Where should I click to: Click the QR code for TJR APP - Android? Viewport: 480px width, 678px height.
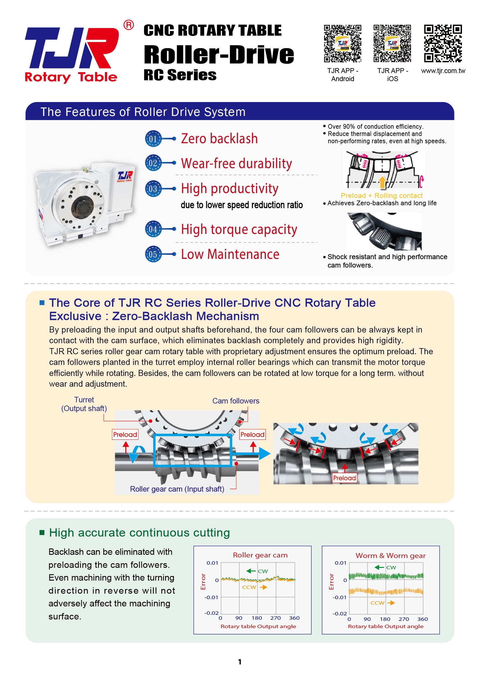coord(342,43)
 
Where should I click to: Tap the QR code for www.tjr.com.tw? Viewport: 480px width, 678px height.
coord(443,43)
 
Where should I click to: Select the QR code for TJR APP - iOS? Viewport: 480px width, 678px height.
coord(392,43)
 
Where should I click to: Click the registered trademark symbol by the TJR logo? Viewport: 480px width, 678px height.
coord(129,25)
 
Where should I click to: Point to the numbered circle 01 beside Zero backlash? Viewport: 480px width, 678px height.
coord(153,139)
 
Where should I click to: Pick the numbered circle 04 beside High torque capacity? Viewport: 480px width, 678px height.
coord(153,229)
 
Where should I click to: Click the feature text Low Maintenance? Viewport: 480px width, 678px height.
coord(230,254)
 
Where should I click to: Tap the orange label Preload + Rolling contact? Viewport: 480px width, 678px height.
coord(382,195)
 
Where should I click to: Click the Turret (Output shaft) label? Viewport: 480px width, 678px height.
coord(84,404)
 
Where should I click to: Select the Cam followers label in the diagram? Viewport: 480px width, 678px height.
coord(236,401)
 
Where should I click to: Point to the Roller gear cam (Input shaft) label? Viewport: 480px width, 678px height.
coord(177,489)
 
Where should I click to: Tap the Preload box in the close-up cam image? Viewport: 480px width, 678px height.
coord(344,478)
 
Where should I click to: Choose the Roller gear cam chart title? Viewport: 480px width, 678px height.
coord(260,555)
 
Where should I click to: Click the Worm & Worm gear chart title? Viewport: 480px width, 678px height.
coord(390,555)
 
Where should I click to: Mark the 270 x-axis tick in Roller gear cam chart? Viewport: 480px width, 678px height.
coord(275,618)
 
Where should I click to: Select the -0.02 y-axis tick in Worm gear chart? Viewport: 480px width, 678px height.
coord(340,613)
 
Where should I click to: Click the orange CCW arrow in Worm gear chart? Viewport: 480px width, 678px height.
coord(391,603)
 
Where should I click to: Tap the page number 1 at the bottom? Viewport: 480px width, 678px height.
coord(240,662)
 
